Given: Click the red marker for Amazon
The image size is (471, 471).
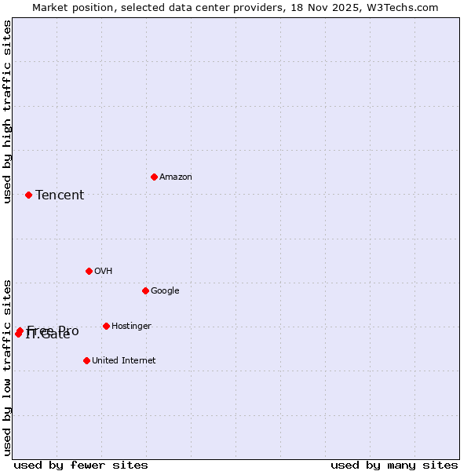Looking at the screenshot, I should [x=154, y=177].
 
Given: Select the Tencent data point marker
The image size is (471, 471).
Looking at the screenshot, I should [x=28, y=195].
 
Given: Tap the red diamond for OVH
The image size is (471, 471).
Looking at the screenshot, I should [x=89, y=271].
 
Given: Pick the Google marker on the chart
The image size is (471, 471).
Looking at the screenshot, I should [x=145, y=290].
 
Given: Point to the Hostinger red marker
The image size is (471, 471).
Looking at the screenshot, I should [x=106, y=326].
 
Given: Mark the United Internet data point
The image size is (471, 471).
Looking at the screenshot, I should [x=86, y=360].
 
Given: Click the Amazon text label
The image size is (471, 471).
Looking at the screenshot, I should [x=176, y=177].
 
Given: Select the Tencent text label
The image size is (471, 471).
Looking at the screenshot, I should [x=60, y=195].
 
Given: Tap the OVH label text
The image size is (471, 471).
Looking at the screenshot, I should [x=104, y=272].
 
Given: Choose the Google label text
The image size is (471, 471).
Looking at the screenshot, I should [x=165, y=291].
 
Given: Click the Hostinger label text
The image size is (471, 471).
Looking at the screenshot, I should [x=131, y=327].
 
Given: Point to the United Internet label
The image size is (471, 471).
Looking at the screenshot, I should [x=124, y=361].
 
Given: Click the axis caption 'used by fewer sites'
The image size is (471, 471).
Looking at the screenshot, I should [x=81, y=465].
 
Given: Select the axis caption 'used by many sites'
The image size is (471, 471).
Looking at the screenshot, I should [x=394, y=465].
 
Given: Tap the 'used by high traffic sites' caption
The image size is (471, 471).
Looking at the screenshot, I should [x=7, y=111].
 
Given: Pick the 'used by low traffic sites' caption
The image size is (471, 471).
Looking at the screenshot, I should [x=7, y=367].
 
